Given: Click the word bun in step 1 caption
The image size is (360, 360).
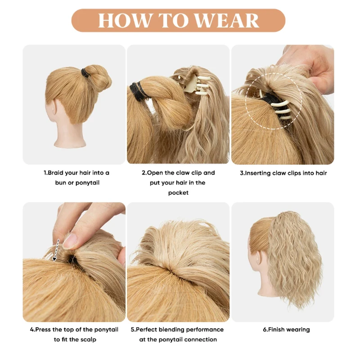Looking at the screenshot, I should [60, 183].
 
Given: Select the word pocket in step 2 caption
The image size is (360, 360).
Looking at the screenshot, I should [178, 193].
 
